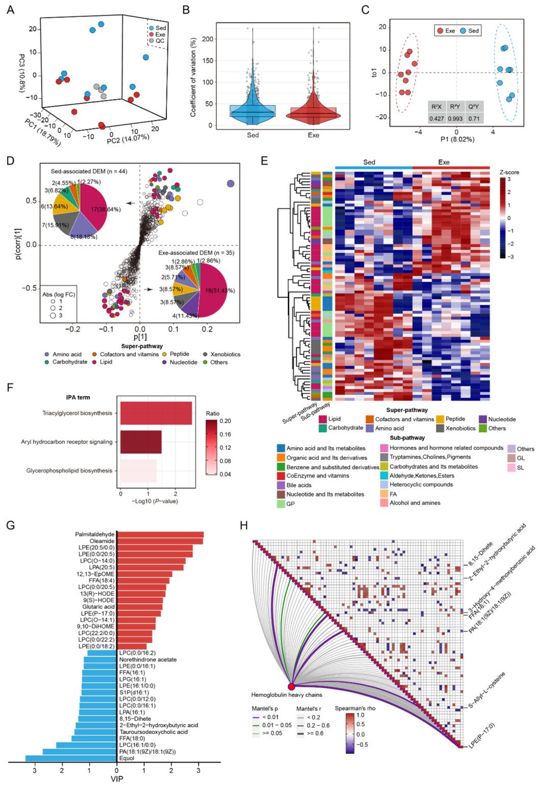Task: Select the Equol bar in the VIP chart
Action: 71,758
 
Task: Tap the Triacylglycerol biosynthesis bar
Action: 156,413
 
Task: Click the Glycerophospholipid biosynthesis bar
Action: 138,471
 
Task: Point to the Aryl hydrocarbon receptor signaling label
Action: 66,442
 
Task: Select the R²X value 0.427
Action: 436,118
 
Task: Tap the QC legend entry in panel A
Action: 160,41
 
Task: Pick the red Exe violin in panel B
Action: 313,115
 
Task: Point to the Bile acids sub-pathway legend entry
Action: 299,485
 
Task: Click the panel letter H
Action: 244,525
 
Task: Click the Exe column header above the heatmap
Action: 444,162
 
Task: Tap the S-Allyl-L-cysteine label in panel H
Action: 487,690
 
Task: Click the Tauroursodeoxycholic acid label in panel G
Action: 153,732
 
